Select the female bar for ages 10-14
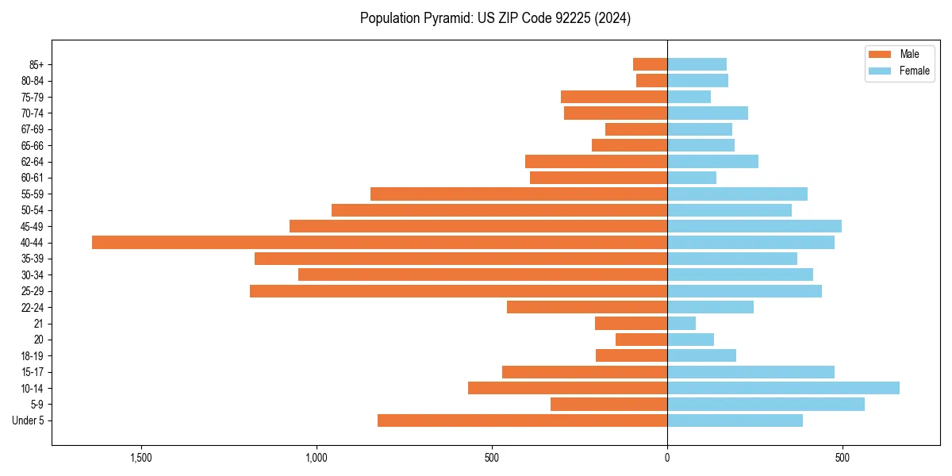click(783, 388)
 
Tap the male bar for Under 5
click(522, 420)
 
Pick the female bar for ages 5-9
click(766, 404)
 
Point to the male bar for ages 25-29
click(459, 291)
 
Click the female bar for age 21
click(681, 324)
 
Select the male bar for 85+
click(650, 64)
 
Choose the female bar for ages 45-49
click(754, 226)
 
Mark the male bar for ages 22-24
click(587, 307)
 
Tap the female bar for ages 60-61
click(692, 178)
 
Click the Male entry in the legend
click(898, 54)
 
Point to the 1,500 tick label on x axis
click(140, 459)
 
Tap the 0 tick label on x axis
click(667, 459)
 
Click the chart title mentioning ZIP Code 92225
click(495, 18)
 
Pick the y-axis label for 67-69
click(33, 129)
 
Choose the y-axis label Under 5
click(29, 420)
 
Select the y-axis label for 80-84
click(33, 81)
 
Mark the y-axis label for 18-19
click(33, 356)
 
